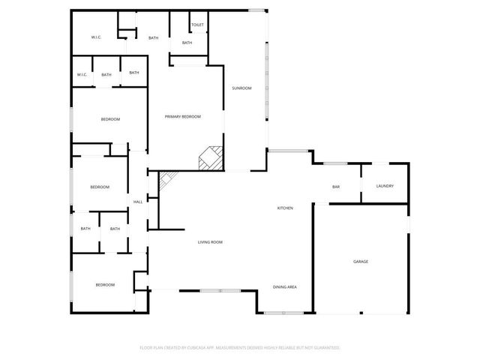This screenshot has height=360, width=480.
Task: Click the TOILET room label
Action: coord(197,25)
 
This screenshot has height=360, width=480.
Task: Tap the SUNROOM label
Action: coord(241,88)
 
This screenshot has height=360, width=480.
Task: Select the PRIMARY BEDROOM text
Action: coord(183,116)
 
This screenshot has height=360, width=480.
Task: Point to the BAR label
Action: coord(336,187)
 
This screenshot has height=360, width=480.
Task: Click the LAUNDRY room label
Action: coord(385,186)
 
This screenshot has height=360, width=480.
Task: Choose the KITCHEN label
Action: coord(285,208)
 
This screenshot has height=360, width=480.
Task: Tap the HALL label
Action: coord(138,202)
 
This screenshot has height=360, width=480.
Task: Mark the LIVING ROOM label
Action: coord(210,241)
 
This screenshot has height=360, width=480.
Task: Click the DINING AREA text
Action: coord(285,287)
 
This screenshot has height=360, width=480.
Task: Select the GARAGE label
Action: coord(361,262)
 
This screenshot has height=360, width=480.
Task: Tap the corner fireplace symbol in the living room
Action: coord(166,180)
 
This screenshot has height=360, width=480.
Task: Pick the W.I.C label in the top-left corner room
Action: coord(96,37)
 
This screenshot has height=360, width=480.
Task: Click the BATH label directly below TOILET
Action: coord(187,43)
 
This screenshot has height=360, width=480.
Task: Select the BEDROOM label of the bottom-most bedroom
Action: coord(105,284)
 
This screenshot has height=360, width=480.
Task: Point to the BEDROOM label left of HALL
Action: coord(100,187)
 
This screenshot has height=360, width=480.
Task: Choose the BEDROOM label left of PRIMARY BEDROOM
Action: coord(110,119)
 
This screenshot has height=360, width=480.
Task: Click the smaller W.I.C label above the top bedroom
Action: coord(82,74)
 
